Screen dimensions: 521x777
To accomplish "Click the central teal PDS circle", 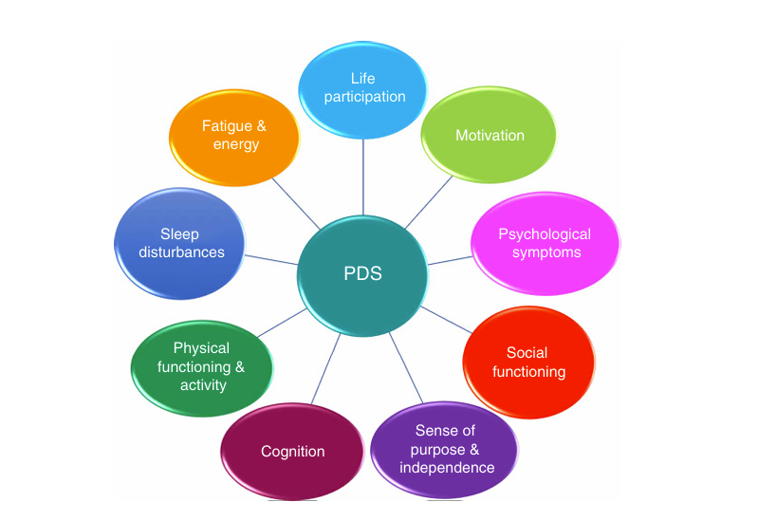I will click(361, 275).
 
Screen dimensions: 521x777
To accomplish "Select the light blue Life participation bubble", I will click(364, 87).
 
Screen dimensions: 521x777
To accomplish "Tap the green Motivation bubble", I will click(490, 135).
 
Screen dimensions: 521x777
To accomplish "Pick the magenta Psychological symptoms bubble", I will click(545, 243).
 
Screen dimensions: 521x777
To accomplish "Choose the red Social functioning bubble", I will click(528, 363).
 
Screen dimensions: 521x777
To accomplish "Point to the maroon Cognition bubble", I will click(292, 451).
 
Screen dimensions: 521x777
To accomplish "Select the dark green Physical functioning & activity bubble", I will click(202, 366).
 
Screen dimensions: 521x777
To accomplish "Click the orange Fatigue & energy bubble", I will click(233, 135).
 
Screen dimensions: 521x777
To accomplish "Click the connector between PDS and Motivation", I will click(429, 202).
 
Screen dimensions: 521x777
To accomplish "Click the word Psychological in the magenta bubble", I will click(545, 234).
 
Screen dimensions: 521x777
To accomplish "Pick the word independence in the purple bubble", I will click(447, 467).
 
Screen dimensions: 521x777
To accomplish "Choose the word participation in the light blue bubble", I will click(364, 96).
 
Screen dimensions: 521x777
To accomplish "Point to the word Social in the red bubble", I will click(527, 353).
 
